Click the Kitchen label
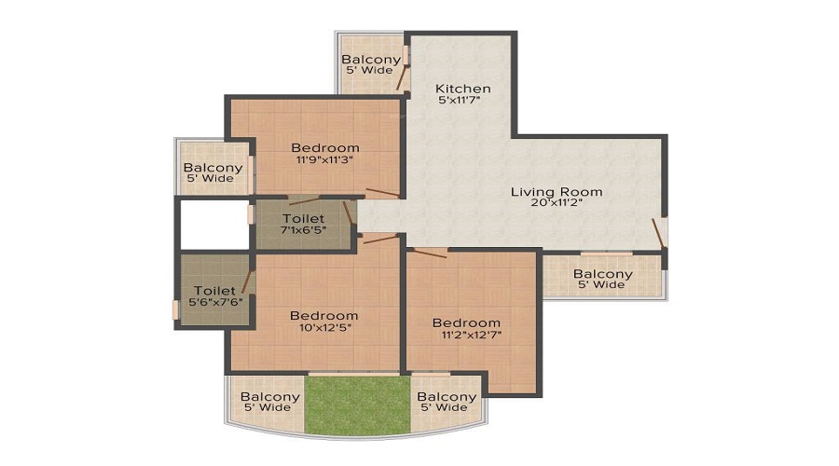462,89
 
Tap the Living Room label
557,192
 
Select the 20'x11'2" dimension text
557,203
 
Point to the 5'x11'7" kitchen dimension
459,100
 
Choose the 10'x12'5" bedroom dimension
324,327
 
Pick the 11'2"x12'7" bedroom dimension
467,335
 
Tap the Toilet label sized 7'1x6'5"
303,218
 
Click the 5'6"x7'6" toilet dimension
215,302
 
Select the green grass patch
357,405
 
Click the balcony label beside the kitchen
371,59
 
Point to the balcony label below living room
602,274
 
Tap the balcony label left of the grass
269,397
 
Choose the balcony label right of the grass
447,397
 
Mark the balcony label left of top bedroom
213,168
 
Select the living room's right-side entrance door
659,234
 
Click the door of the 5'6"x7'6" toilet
246,282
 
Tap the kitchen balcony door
402,77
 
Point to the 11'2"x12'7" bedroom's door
430,254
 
